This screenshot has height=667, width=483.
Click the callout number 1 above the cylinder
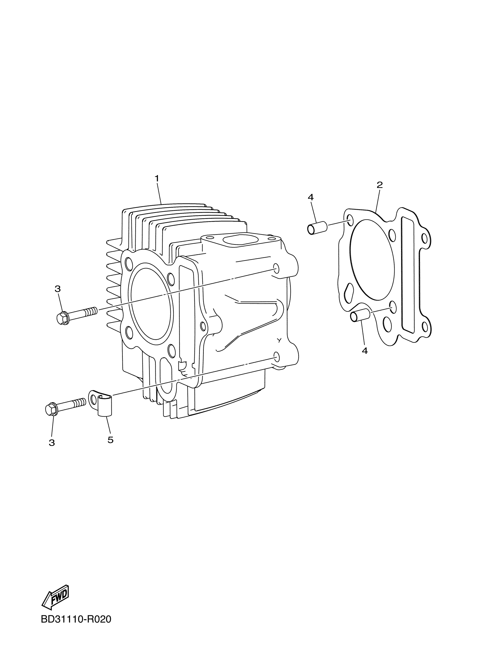(x=157, y=178)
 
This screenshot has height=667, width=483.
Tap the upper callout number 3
(x=58, y=289)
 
